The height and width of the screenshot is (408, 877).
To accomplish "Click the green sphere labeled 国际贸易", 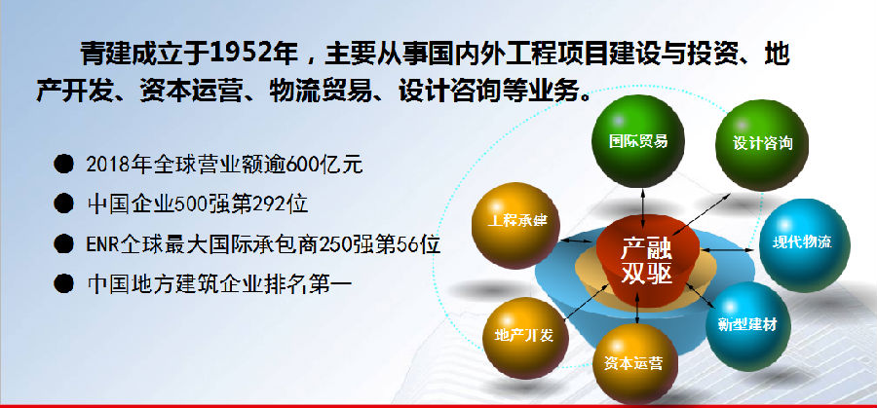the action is [x=637, y=141].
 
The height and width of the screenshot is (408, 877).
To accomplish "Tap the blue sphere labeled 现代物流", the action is [x=804, y=244].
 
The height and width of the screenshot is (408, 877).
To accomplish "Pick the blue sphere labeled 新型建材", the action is [x=747, y=326].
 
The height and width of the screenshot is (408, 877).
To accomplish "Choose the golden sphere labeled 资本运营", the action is [x=634, y=363].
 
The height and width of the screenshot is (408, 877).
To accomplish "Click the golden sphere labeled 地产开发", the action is [x=524, y=338].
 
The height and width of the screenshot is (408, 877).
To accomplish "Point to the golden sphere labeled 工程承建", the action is [x=515, y=225].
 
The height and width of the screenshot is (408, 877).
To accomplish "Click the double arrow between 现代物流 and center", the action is [x=729, y=248].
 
